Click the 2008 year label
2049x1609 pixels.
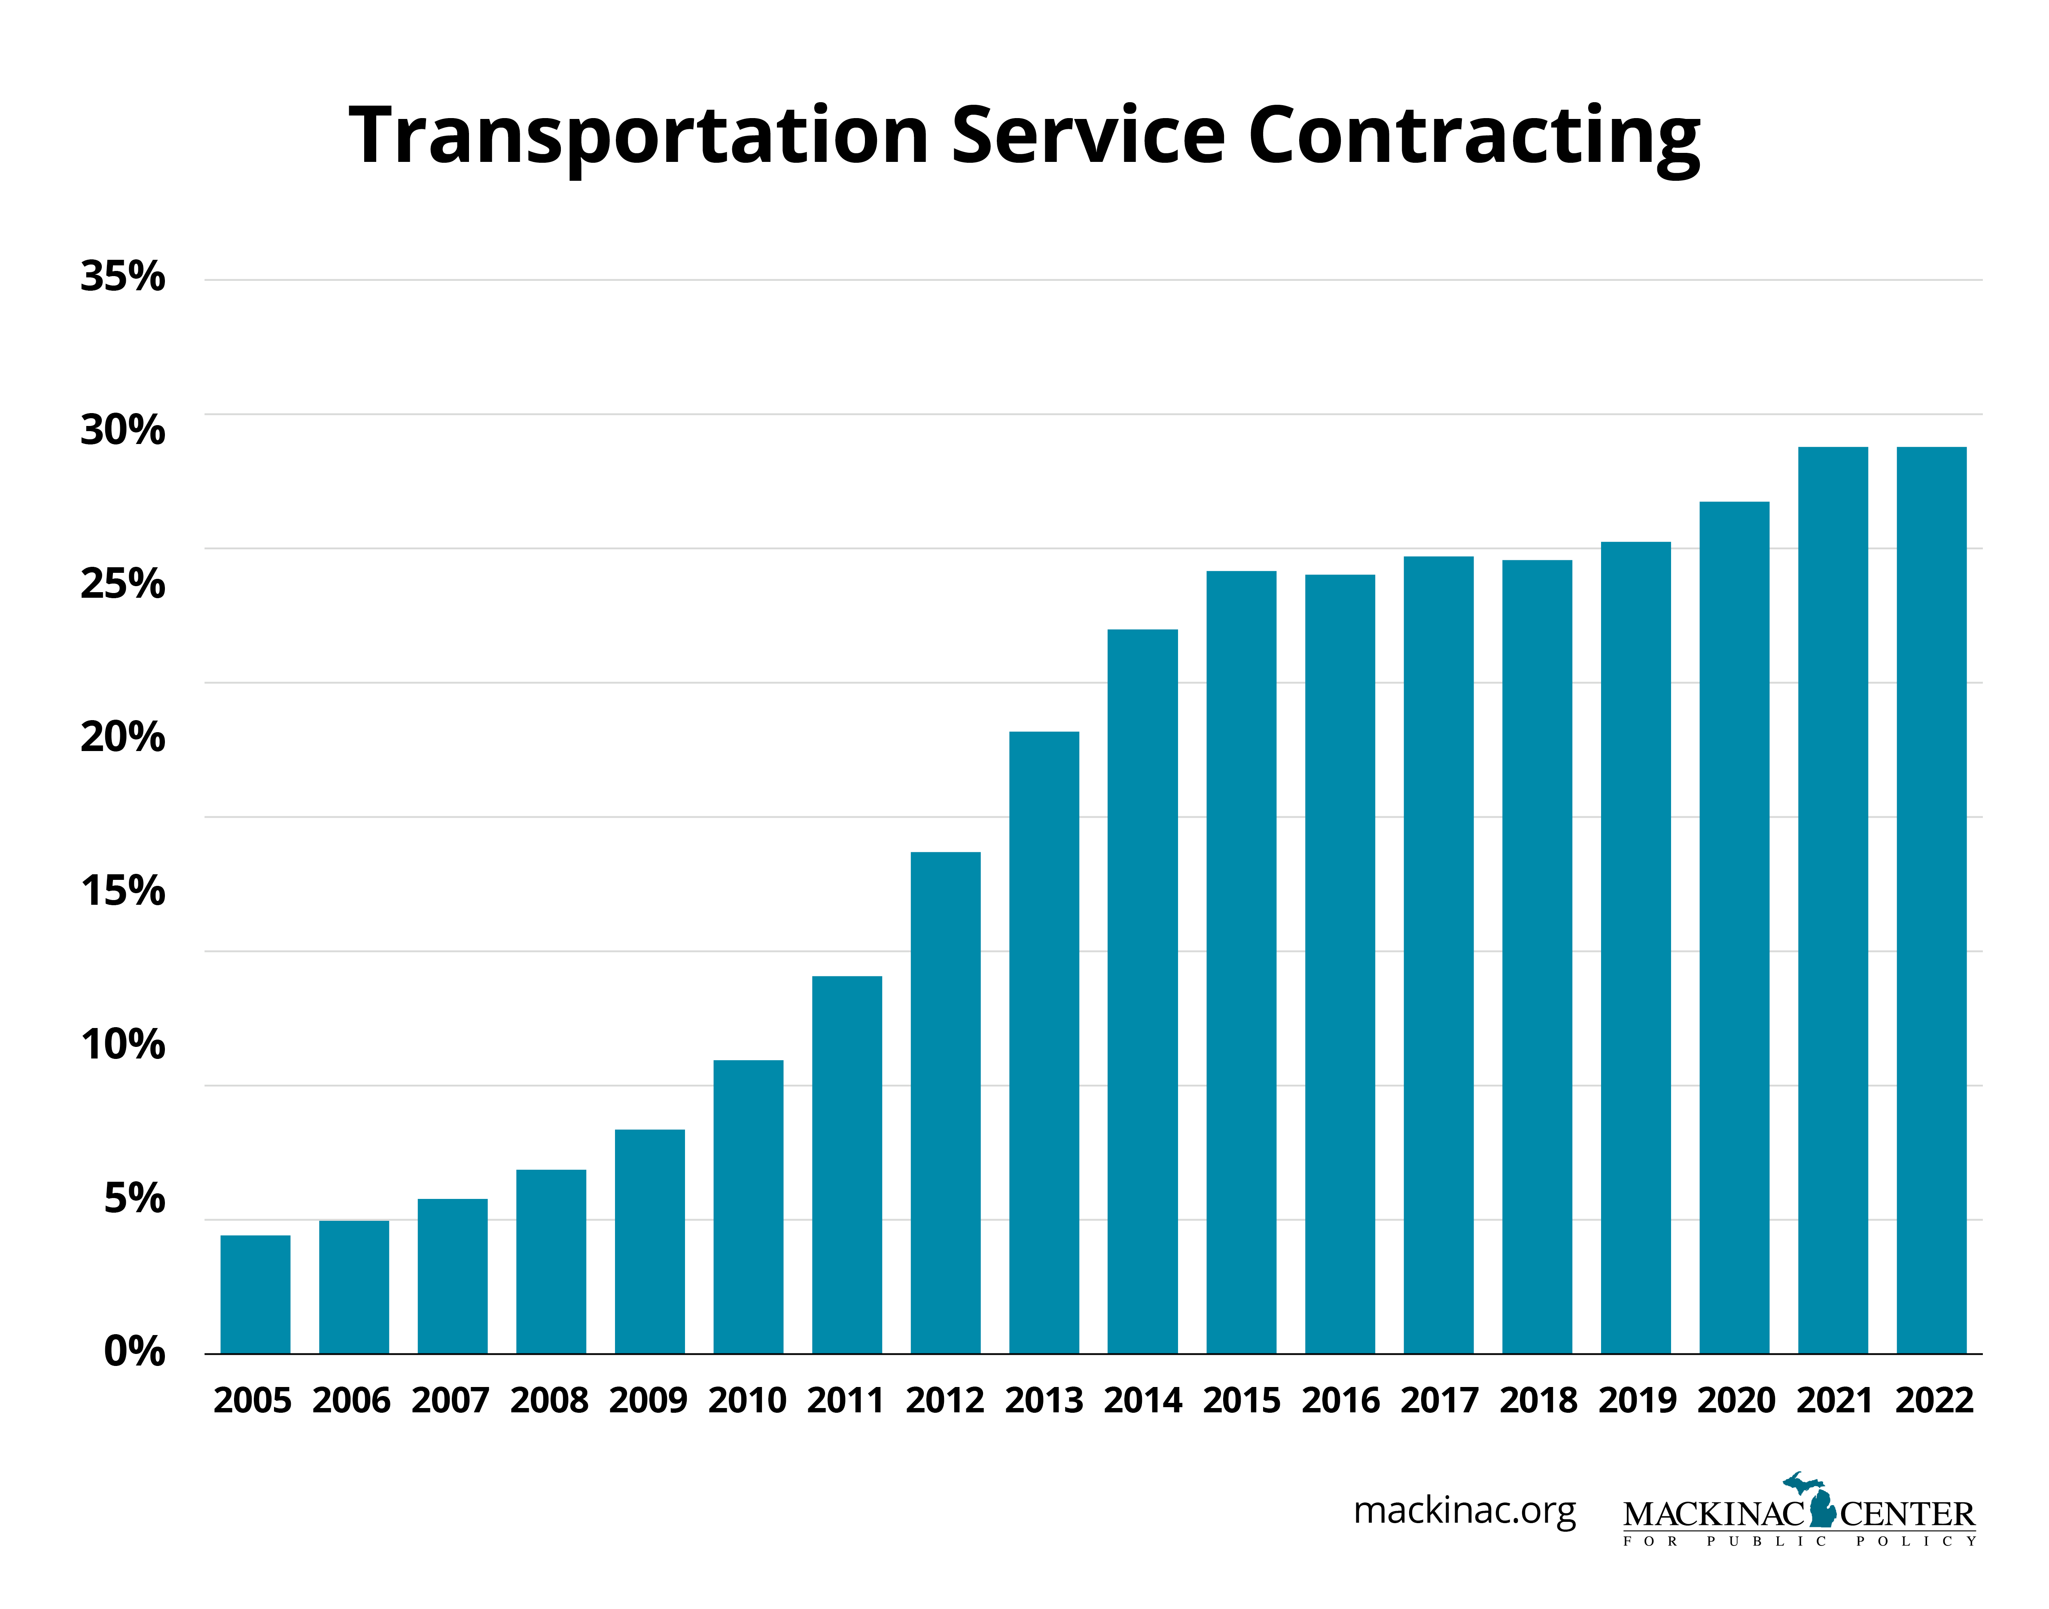pyautogui.click(x=549, y=1401)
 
